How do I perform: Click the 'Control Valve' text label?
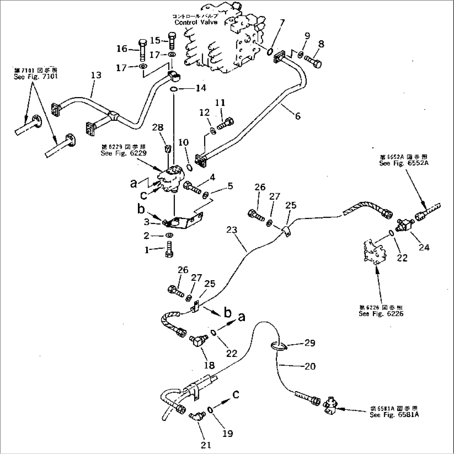pos(196,22)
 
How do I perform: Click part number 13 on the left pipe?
pos(96,75)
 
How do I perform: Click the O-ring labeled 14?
pos(175,89)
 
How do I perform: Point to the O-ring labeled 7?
pos(269,52)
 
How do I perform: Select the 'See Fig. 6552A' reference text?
pos(404,164)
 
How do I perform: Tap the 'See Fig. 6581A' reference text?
pos(394,415)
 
